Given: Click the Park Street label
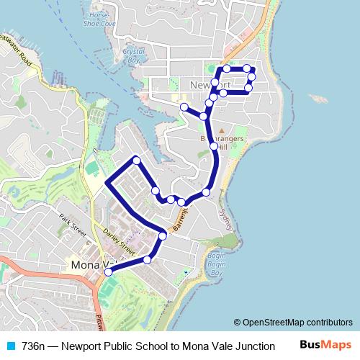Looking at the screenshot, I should tap(72, 225).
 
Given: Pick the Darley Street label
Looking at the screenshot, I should tap(119, 242).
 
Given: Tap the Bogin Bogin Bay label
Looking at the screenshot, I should tap(217, 264).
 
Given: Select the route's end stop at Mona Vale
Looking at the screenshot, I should tap(109, 272).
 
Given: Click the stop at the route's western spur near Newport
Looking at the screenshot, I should tap(184, 107).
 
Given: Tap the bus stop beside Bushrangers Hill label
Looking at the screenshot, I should tap(214, 147).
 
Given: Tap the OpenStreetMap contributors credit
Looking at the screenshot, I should tap(297, 323).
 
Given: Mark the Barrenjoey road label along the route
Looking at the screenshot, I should tap(181, 217).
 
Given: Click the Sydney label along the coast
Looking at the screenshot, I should tap(226, 216).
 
